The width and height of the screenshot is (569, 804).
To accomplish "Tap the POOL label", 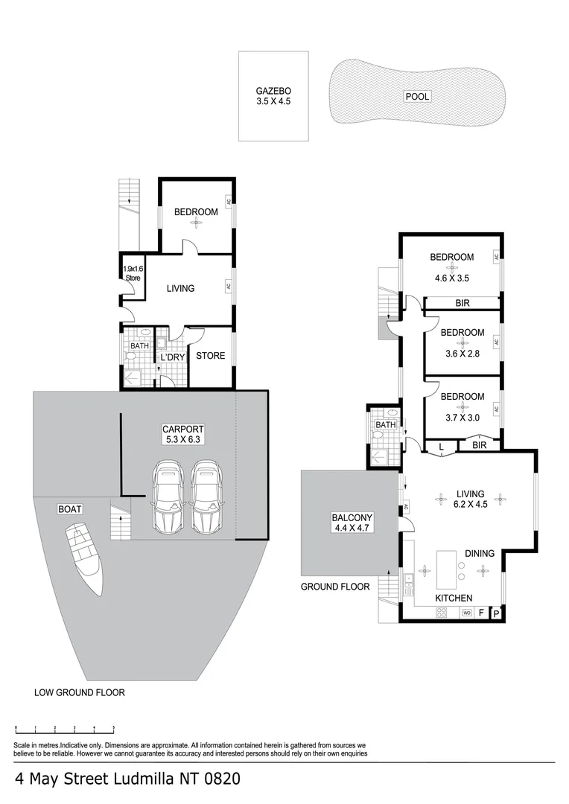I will tap(417, 96).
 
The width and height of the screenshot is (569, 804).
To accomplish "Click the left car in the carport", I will tap(168, 497).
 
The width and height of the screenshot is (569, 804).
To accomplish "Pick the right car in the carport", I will tap(206, 497).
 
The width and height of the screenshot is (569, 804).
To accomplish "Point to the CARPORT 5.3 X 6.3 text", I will tap(183, 435).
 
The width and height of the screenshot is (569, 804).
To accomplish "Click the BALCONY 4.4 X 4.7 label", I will tap(352, 523).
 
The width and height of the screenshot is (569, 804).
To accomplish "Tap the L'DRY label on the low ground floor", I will tap(172, 357).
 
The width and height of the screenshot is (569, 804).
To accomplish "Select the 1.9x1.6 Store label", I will tap(132, 273).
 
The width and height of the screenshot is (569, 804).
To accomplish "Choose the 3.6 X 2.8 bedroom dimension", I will tap(462, 354).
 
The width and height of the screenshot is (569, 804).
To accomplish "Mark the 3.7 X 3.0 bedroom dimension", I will tap(462, 418).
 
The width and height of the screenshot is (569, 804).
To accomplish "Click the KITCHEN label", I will tap(454, 598).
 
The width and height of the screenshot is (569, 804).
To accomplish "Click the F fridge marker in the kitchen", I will tap(481, 613).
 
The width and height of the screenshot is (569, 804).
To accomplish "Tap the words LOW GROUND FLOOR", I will tap(80, 692).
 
